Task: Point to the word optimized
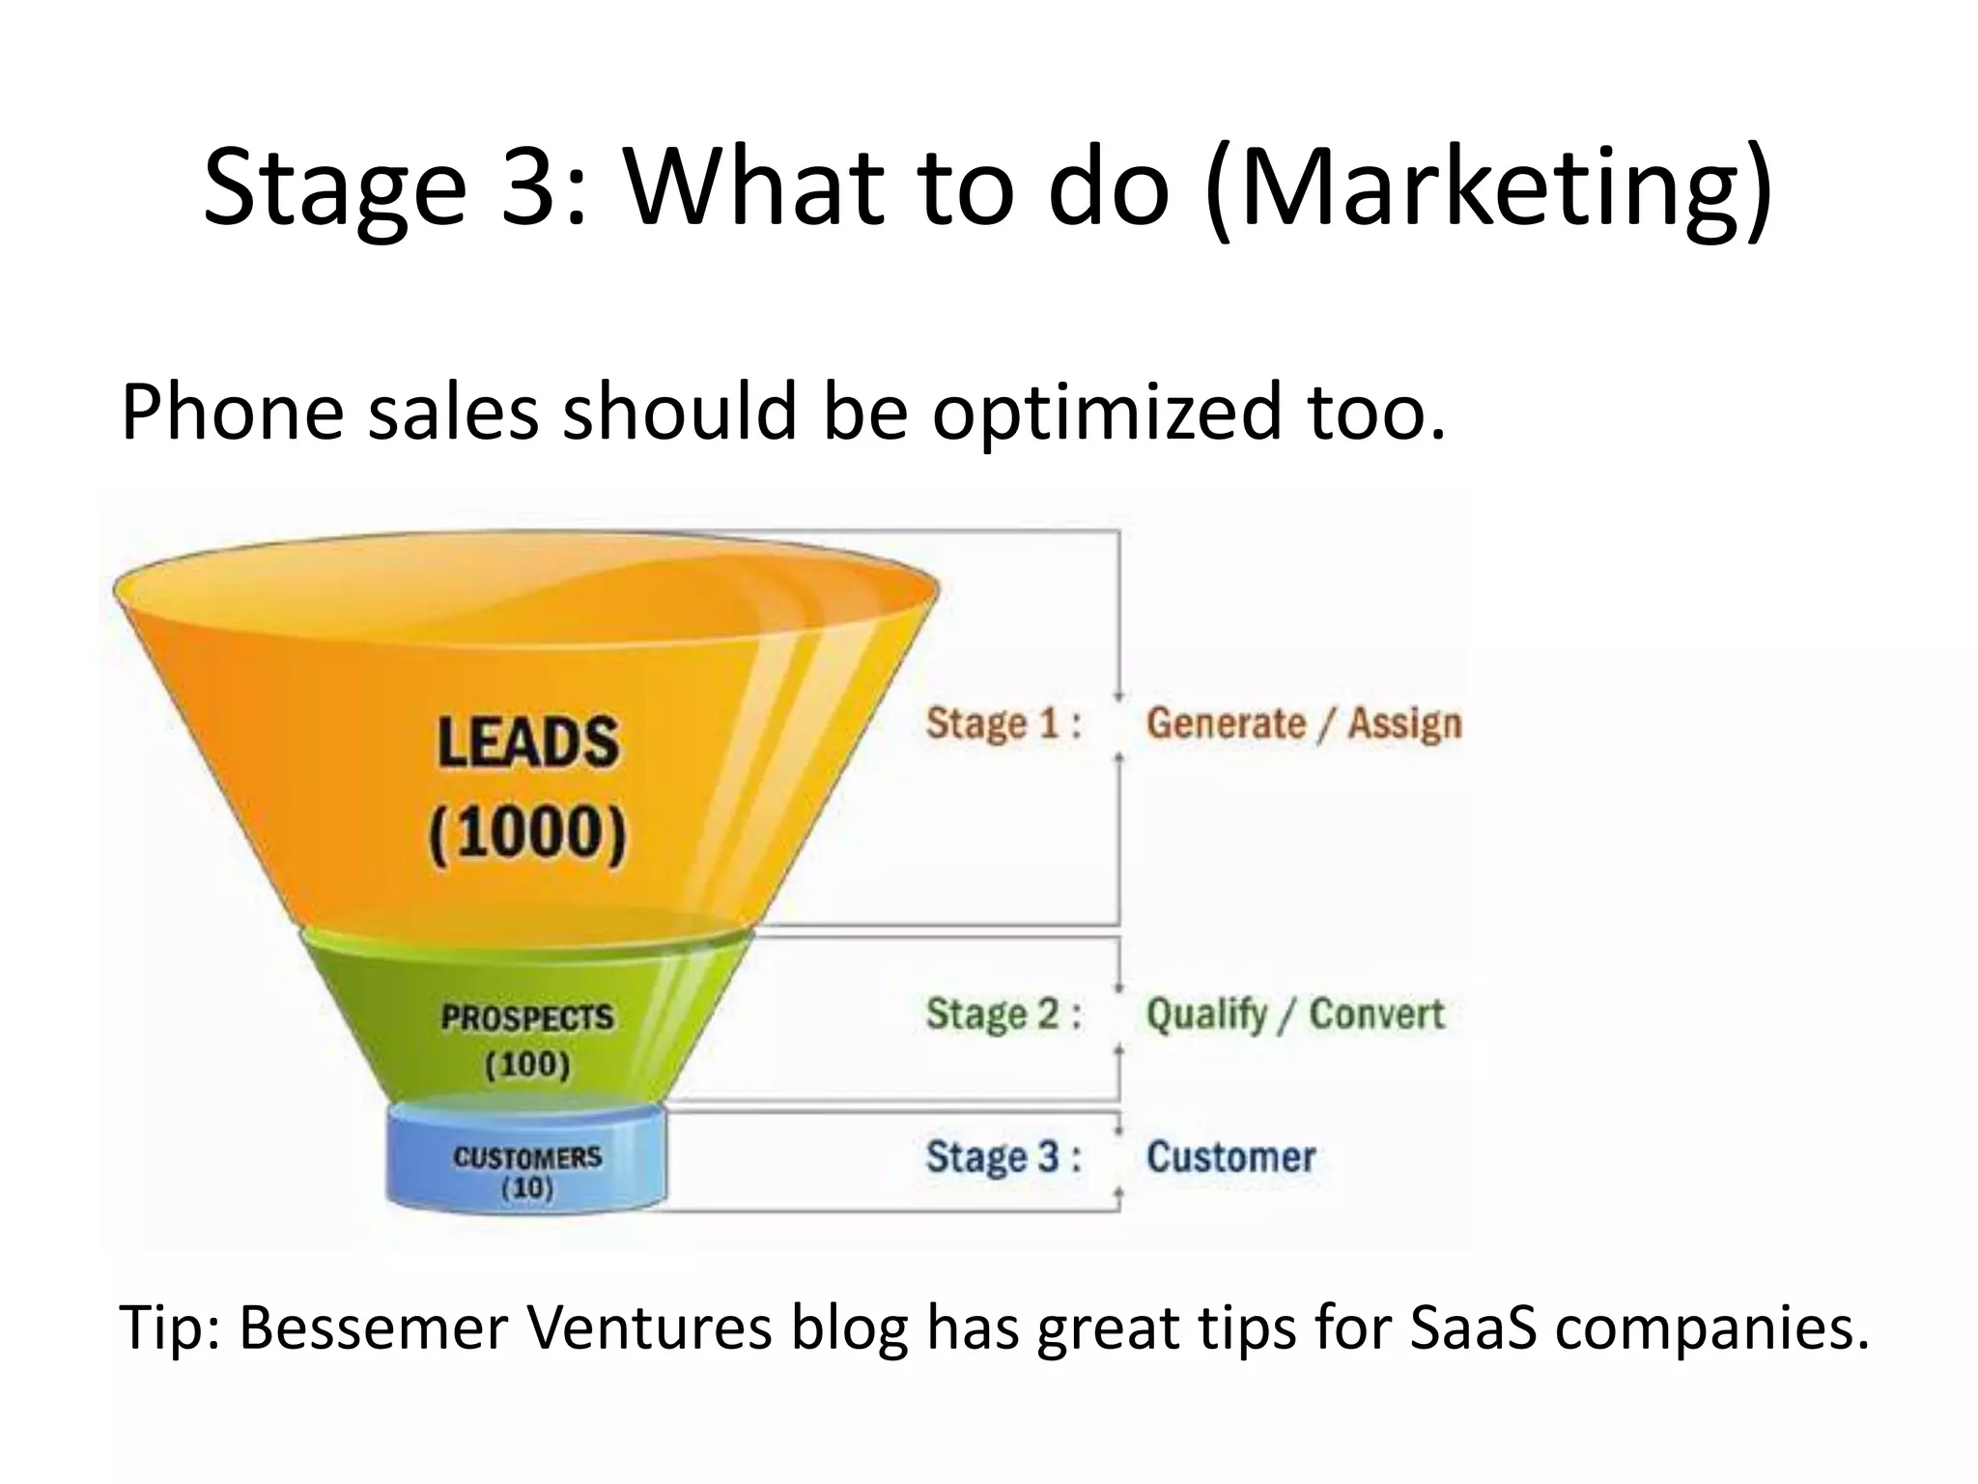point(1106,413)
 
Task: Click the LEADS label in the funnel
point(527,742)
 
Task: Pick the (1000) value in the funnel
point(527,833)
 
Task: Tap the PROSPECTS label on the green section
point(527,1017)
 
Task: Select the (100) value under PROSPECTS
point(527,1065)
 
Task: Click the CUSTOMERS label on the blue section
point(527,1156)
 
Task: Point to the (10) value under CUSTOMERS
point(527,1187)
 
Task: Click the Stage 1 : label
point(1003,724)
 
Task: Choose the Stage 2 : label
point(1003,1014)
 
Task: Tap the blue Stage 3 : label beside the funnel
point(1003,1156)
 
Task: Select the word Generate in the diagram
point(1226,724)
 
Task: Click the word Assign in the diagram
point(1404,724)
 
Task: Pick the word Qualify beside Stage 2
point(1206,1014)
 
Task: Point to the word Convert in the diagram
point(1376,1014)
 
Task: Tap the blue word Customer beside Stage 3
point(1230,1156)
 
